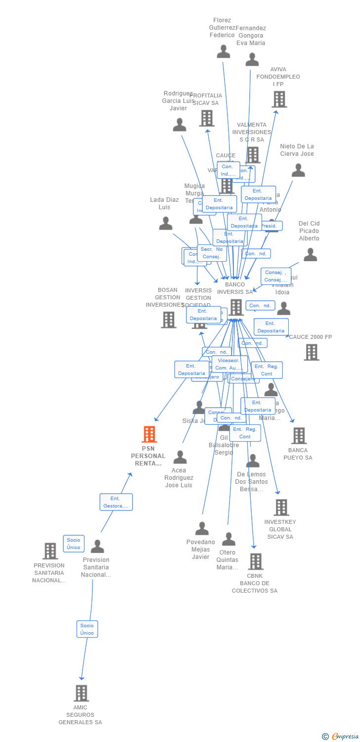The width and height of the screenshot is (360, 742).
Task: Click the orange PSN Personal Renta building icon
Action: [149, 434]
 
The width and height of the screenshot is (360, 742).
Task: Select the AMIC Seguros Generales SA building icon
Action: [81, 693]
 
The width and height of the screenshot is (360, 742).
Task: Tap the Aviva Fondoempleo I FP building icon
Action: [279, 99]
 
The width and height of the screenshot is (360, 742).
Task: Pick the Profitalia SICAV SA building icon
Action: [207, 118]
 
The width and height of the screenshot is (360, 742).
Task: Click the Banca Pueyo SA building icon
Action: [299, 436]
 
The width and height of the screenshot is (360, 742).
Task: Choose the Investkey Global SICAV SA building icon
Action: [281, 508]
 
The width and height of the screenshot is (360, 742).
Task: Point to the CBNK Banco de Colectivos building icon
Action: [255, 561]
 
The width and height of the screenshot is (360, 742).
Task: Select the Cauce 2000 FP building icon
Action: [312, 352]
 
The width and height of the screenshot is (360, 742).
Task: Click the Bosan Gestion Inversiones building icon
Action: [169, 320]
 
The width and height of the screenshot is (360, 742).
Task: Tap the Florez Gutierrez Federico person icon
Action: [224, 51]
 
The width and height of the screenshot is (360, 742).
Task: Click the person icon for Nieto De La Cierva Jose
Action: [298, 170]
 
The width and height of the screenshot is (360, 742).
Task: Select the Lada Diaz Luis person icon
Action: [166, 224]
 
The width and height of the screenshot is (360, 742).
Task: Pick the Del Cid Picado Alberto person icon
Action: [310, 255]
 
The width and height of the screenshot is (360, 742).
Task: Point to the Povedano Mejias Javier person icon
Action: [202, 529]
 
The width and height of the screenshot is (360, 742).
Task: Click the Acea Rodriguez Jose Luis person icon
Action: [180, 457]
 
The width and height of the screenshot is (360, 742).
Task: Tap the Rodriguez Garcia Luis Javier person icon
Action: [180, 125]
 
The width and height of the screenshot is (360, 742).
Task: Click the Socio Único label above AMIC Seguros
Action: [87, 629]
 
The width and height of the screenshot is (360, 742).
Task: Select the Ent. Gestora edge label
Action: [116, 502]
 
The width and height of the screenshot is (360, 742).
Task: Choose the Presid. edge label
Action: [270, 226]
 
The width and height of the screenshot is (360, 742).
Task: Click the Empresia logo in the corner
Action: [341, 737]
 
